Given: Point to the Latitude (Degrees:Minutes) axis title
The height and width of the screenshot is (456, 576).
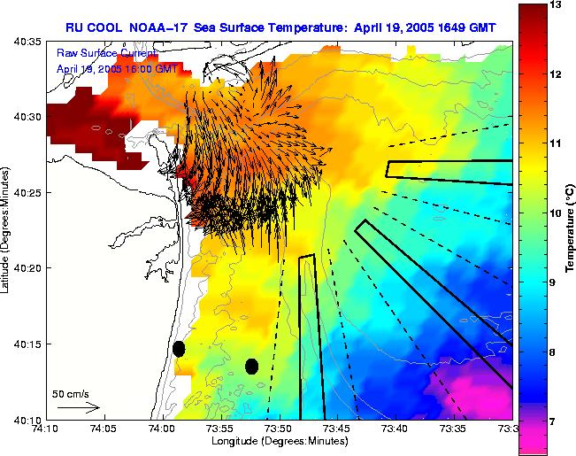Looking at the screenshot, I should point(8,229).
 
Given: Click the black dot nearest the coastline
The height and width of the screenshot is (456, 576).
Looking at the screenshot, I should point(179,349).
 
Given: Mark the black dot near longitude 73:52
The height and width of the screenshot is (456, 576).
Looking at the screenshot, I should point(251,366).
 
